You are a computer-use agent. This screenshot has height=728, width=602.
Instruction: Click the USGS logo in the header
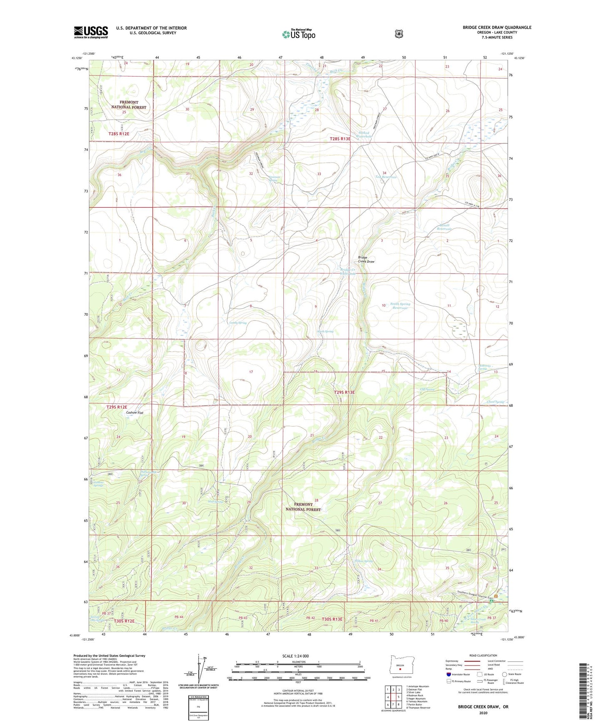[91, 32]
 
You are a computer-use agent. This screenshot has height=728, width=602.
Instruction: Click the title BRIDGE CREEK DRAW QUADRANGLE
[497, 28]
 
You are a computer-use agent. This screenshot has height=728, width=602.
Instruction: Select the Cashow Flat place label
[135, 413]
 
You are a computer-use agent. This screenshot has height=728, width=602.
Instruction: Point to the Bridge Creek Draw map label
[366, 259]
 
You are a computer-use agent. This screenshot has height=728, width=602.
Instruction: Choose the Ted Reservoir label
[386, 177]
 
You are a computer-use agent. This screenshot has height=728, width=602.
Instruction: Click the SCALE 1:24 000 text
[295, 656]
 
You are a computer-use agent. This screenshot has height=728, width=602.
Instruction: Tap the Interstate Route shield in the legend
[449, 674]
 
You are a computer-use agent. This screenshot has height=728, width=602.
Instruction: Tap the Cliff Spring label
[427, 389]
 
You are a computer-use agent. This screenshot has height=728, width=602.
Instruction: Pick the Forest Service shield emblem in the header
[399, 34]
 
